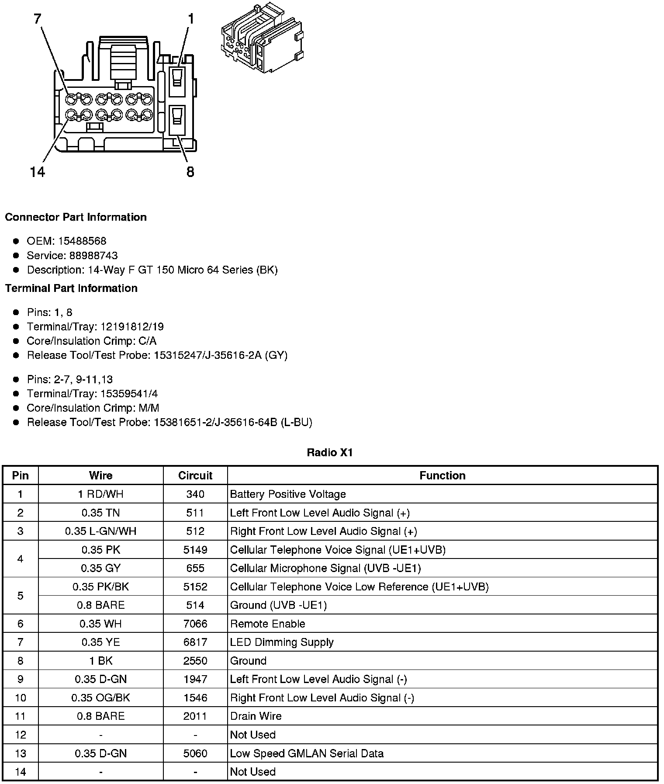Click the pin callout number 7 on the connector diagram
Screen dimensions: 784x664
pyautogui.click(x=38, y=19)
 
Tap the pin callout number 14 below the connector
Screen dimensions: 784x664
pyautogui.click(x=38, y=172)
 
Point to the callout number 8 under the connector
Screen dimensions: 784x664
pyautogui.click(x=190, y=172)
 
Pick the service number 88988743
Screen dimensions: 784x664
pyautogui.click(x=93, y=256)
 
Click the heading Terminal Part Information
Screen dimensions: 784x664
pyautogui.click(x=71, y=288)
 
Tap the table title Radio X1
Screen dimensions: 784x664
pyautogui.click(x=330, y=453)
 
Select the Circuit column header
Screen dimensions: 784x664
pyautogui.click(x=195, y=475)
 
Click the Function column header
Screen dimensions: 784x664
pyautogui.click(x=442, y=475)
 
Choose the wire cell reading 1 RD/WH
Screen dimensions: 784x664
pyautogui.click(x=101, y=494)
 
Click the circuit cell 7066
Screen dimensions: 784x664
pyautogui.click(x=195, y=624)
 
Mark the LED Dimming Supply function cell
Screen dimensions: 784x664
pyautogui.click(x=282, y=642)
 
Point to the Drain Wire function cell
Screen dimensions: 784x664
pyautogui.click(x=256, y=716)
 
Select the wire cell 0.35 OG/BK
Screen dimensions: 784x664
pyautogui.click(x=101, y=698)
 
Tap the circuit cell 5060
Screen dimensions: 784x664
pyautogui.click(x=195, y=753)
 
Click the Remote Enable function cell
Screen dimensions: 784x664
pyautogui.click(x=267, y=624)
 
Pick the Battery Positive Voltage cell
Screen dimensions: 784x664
pyautogui.click(x=288, y=494)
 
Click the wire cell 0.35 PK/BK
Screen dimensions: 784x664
pyautogui.click(x=101, y=587)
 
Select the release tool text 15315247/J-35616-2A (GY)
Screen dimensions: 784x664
pyautogui.click(x=221, y=355)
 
